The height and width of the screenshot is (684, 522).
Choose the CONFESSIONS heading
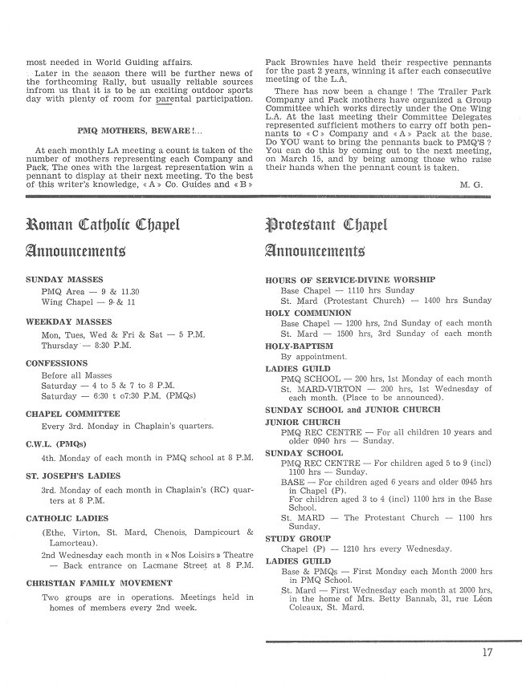coord(56,362)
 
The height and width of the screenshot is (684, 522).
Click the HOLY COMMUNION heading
coord(308,313)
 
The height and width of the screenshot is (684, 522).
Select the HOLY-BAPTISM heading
coord(300,345)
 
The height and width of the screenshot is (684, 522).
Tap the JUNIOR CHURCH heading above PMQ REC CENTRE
coord(303,422)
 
